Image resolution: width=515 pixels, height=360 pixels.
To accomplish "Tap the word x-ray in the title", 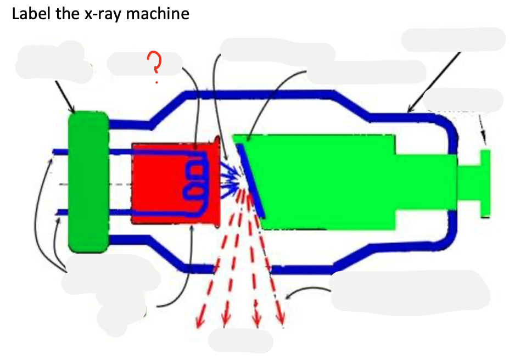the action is coord(103,14).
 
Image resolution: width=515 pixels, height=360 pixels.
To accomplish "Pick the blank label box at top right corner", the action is coord(453,40).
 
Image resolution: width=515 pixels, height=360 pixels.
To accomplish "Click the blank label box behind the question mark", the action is coord(144,64).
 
